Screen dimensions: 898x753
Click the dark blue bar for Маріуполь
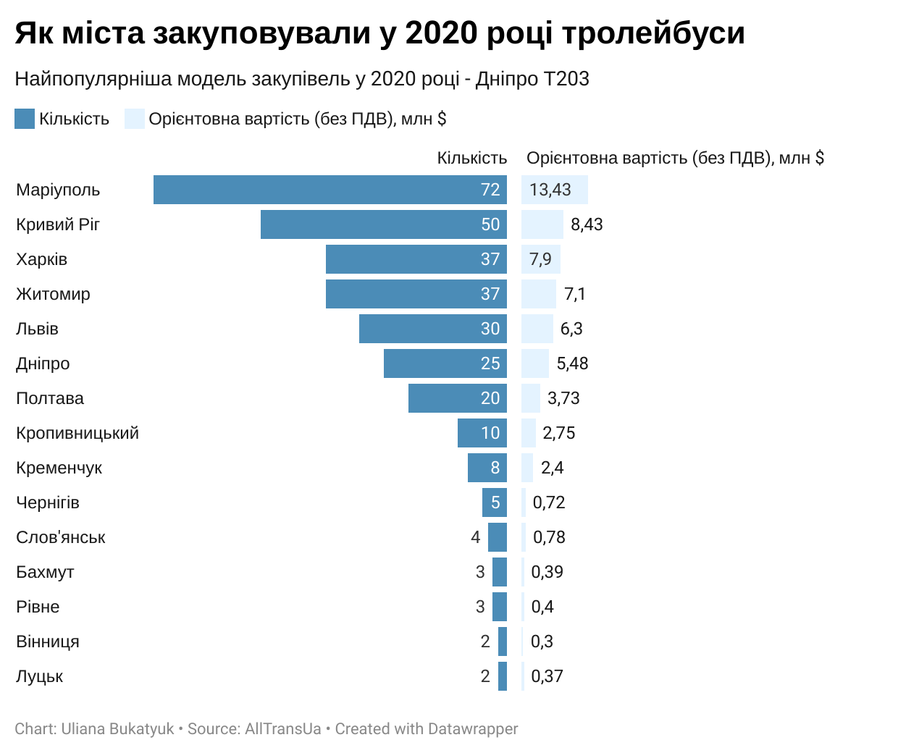[330, 190]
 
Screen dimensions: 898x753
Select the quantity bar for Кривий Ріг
[384, 224]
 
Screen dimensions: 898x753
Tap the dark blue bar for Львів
[432, 329]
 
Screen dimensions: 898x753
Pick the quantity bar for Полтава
[458, 398]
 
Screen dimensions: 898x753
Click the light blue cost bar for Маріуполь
[554, 190]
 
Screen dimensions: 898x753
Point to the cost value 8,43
[587, 224]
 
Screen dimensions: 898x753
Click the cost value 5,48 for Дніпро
[572, 363]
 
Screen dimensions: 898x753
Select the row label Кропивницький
[77, 433]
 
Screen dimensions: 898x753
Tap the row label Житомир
[53, 294]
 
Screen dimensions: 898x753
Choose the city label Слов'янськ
[61, 537]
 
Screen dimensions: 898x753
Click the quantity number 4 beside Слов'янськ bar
[475, 537]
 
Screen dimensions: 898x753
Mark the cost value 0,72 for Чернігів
[549, 502]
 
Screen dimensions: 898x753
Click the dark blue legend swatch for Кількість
[25, 119]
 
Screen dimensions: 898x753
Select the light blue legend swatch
[135, 119]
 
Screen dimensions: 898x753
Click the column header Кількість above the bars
[471, 159]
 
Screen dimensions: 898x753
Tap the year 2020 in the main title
[441, 33]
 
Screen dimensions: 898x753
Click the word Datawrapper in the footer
[473, 729]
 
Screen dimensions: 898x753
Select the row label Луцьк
[40, 676]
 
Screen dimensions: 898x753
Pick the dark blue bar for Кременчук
[487, 468]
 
